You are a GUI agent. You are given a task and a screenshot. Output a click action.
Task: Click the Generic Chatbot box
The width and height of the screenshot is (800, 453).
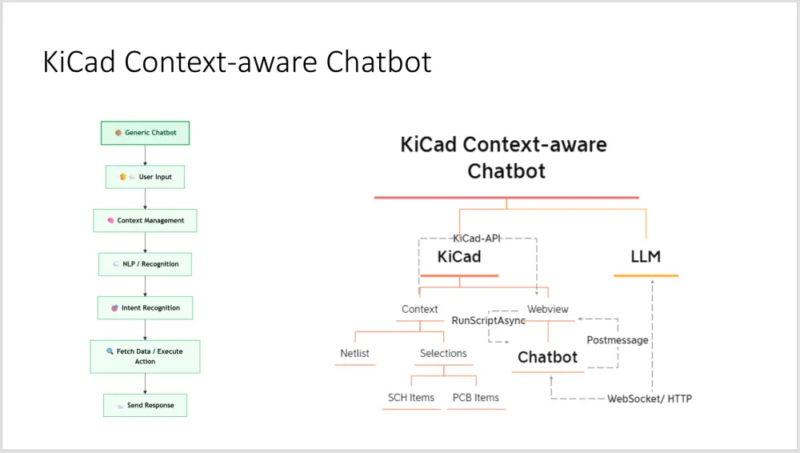coord(145,133)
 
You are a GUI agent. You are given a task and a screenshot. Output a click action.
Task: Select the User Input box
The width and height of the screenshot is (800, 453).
coord(145,177)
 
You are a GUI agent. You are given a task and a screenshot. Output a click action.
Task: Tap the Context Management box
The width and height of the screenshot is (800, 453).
coord(145,221)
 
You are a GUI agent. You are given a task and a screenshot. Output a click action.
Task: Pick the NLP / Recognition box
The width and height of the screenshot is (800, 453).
coord(145,264)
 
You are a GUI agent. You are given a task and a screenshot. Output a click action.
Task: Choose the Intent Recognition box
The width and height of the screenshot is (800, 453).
coord(145,308)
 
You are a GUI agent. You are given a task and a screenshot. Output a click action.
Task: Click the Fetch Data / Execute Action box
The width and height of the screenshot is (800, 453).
coord(145,356)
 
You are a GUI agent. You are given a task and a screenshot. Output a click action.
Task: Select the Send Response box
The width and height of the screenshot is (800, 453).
coord(145,406)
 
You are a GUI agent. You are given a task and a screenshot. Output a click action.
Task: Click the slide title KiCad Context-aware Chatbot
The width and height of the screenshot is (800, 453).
coord(237,62)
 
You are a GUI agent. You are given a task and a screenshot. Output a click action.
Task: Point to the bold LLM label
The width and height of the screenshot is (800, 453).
coord(646,257)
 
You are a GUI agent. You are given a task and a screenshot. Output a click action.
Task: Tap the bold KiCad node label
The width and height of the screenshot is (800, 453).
coord(459,257)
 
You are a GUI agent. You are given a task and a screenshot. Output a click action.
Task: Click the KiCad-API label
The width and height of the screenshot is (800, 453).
coord(478,239)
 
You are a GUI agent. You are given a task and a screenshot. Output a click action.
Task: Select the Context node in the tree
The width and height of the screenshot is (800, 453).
coord(420,309)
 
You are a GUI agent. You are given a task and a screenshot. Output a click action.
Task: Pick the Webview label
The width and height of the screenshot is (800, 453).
coord(548,309)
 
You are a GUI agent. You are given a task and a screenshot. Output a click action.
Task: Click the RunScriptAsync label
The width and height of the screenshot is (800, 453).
coord(489,320)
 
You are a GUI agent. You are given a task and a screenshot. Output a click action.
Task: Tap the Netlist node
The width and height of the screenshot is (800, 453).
coord(355,353)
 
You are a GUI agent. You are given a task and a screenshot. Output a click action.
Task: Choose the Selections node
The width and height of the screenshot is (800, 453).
coord(443,353)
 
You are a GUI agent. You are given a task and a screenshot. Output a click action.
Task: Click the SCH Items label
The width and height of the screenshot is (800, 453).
coord(411,398)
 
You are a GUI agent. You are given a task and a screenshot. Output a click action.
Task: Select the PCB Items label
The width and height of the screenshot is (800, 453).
coord(475,398)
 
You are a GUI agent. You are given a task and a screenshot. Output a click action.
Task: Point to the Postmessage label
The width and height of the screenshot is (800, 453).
coord(618,340)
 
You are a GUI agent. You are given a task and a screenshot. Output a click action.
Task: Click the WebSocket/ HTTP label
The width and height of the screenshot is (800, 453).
coord(650,399)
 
